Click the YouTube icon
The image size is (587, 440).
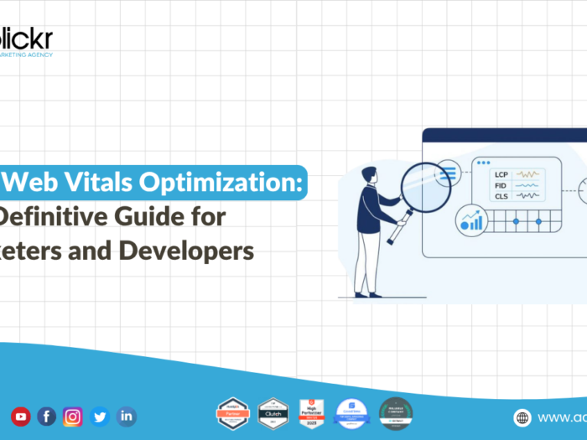pyautogui.click(x=20, y=417)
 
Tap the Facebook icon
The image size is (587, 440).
pyautogui.click(x=47, y=417)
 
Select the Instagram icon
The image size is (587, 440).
pyautogui.click(x=73, y=417)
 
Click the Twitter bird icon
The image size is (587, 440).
pyautogui.click(x=100, y=417)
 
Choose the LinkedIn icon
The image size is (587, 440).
pyautogui.click(x=127, y=417)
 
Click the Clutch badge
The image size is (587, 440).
pyautogui.click(x=273, y=413)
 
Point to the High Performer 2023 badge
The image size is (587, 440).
pyautogui.click(x=312, y=413)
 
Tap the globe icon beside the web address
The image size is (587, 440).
pyautogui.click(x=522, y=417)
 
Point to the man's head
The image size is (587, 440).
pyautogui.click(x=369, y=174)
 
